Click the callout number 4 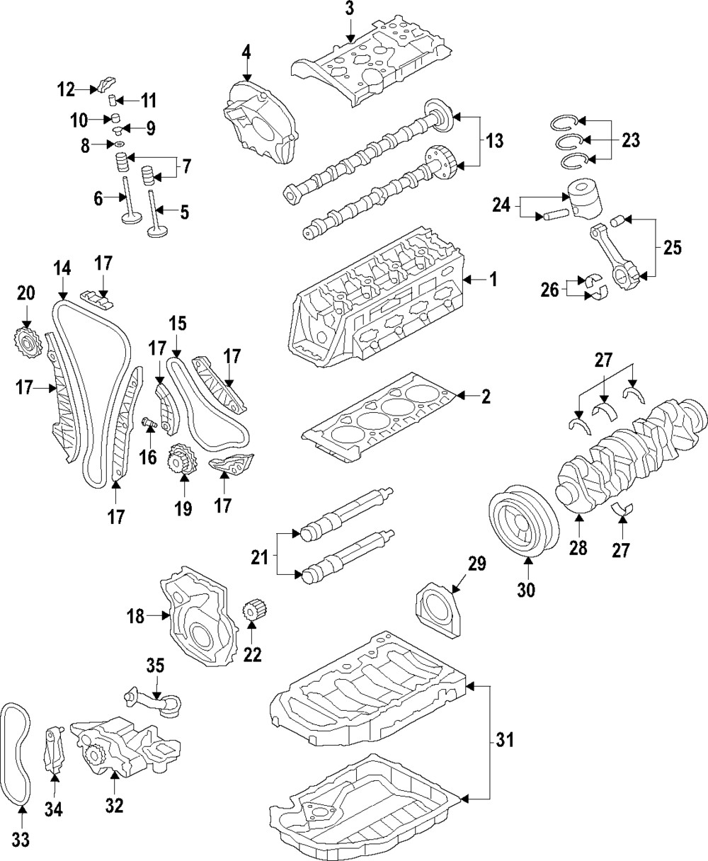click(x=246, y=52)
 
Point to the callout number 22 click(x=252, y=656)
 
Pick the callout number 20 click(x=25, y=292)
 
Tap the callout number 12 click(x=66, y=89)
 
